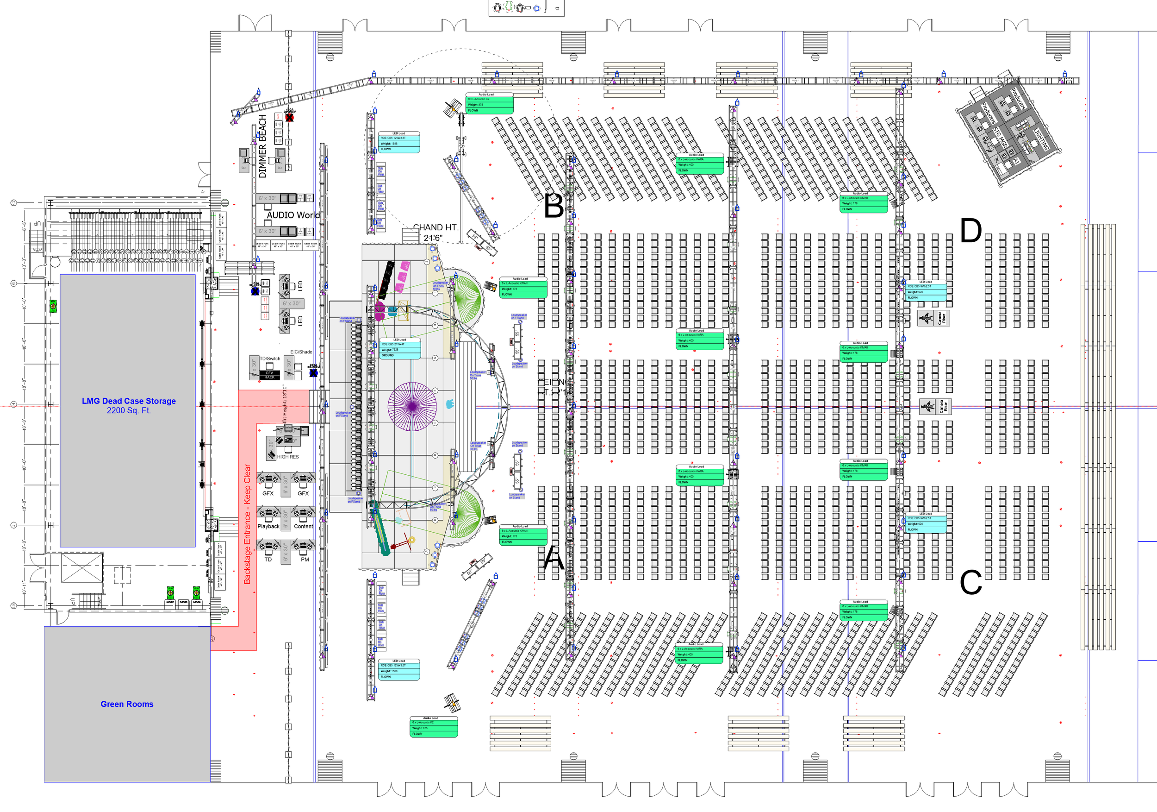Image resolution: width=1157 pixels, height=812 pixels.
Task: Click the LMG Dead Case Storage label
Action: [x=129, y=401]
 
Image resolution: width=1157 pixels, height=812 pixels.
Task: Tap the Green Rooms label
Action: [x=127, y=704]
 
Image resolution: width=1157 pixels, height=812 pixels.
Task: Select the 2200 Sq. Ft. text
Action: [x=129, y=410]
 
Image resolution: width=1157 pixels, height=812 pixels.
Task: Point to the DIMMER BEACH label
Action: [x=262, y=146]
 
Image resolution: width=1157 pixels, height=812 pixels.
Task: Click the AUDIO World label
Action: [x=293, y=215]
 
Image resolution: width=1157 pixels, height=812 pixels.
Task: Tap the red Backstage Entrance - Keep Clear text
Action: [x=248, y=524]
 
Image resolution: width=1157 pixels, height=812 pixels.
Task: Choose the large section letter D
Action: [x=970, y=231]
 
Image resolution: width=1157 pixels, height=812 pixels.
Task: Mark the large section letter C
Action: [x=970, y=583]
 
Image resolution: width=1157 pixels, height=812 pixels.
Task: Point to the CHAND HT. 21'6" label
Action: [x=435, y=233]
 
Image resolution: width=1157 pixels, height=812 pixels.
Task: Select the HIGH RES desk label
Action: [x=288, y=457]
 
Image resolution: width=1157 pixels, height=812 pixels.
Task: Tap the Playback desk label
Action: [x=268, y=527]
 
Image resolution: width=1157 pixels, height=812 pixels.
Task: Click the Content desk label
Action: [x=303, y=527]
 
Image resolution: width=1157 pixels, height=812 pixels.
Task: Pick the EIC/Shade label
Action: [x=301, y=352]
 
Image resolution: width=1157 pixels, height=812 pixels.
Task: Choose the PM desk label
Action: [x=305, y=560]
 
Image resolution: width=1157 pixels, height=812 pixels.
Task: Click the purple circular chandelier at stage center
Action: [x=412, y=407]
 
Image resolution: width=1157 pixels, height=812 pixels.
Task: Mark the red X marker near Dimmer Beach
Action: [x=289, y=118]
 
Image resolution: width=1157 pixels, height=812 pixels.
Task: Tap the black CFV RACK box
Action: [x=270, y=375]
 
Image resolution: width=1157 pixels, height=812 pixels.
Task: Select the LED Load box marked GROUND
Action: [x=399, y=348]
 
